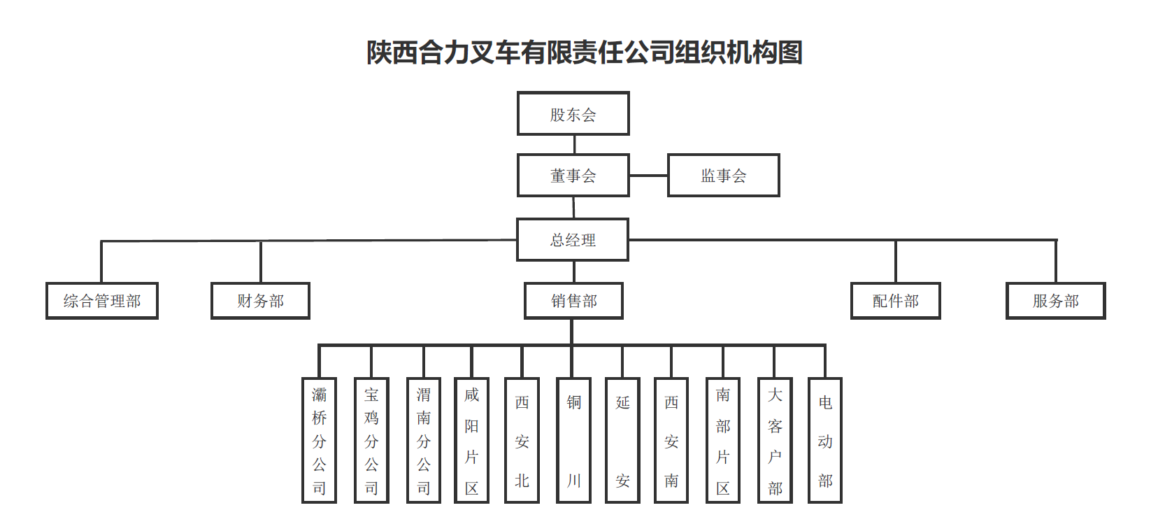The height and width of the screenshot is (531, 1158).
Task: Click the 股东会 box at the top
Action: [x=573, y=113]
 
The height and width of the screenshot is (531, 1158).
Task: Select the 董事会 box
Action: [x=573, y=175]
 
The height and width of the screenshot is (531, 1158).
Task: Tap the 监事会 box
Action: [x=723, y=175]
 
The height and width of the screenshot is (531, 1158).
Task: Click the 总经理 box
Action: [x=573, y=239]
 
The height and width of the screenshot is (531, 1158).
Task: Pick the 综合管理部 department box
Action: [x=102, y=301]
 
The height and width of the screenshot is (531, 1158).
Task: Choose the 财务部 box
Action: [x=260, y=301]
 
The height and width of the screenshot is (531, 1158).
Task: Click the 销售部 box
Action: [x=573, y=301]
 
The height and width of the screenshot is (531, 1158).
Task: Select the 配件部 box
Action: [x=895, y=301]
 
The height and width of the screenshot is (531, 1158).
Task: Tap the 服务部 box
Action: [x=1055, y=301]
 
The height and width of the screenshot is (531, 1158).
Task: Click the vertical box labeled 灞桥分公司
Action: [x=319, y=440]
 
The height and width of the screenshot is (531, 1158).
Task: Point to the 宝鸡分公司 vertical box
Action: [x=371, y=440]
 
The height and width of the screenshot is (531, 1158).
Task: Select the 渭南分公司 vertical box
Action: [x=424, y=440]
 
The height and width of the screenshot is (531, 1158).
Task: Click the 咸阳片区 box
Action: [x=471, y=440]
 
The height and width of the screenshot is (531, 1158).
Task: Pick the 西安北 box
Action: [x=522, y=440]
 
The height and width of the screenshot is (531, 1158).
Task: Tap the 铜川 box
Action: [x=573, y=440]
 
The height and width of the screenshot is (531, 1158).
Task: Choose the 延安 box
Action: [x=622, y=440]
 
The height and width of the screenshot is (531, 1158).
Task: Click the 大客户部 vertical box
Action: [x=775, y=440]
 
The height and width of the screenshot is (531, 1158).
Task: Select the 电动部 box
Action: [x=824, y=440]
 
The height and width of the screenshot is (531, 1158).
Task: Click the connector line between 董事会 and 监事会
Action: [x=648, y=176]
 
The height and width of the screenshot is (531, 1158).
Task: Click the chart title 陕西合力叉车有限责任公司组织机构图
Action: [x=584, y=52]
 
